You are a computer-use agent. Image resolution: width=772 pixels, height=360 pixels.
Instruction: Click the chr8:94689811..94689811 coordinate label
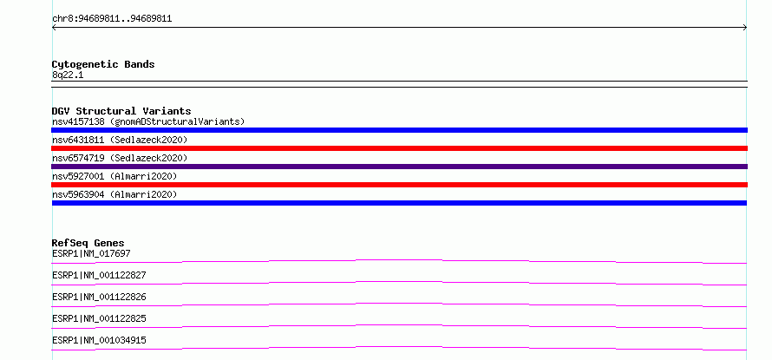tap(112, 19)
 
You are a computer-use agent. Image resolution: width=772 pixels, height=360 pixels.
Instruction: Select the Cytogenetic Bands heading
tap(103, 64)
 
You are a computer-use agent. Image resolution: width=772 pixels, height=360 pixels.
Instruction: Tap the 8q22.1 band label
tap(68, 75)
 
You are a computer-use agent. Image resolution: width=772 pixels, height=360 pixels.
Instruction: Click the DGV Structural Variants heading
tap(121, 111)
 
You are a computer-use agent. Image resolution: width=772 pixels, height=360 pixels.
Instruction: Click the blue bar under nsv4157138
tap(399, 130)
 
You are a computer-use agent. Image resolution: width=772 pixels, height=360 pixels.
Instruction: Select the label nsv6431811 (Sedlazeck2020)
tap(120, 140)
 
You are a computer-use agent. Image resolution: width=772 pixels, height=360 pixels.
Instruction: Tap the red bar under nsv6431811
tap(399, 148)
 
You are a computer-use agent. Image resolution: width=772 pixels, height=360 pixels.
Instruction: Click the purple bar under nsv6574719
tap(399, 167)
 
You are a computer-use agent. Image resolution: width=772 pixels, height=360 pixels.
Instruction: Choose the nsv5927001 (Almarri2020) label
tap(114, 176)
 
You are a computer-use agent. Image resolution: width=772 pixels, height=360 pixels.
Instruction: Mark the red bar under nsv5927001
tap(399, 185)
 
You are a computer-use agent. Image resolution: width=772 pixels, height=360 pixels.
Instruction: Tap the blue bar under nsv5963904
tap(399, 203)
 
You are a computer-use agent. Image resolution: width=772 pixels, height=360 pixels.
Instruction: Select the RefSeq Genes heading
tap(88, 243)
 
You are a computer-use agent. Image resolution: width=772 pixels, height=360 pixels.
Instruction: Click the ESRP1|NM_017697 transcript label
tap(91, 253)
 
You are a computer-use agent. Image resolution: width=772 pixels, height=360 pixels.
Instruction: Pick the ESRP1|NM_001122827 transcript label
tap(99, 275)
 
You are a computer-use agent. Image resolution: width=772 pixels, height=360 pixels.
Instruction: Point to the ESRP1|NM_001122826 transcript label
tap(99, 297)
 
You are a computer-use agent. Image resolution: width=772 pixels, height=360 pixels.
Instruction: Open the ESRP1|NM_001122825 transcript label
tap(99, 318)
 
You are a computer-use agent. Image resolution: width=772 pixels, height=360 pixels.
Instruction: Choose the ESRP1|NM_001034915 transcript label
tap(99, 340)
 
